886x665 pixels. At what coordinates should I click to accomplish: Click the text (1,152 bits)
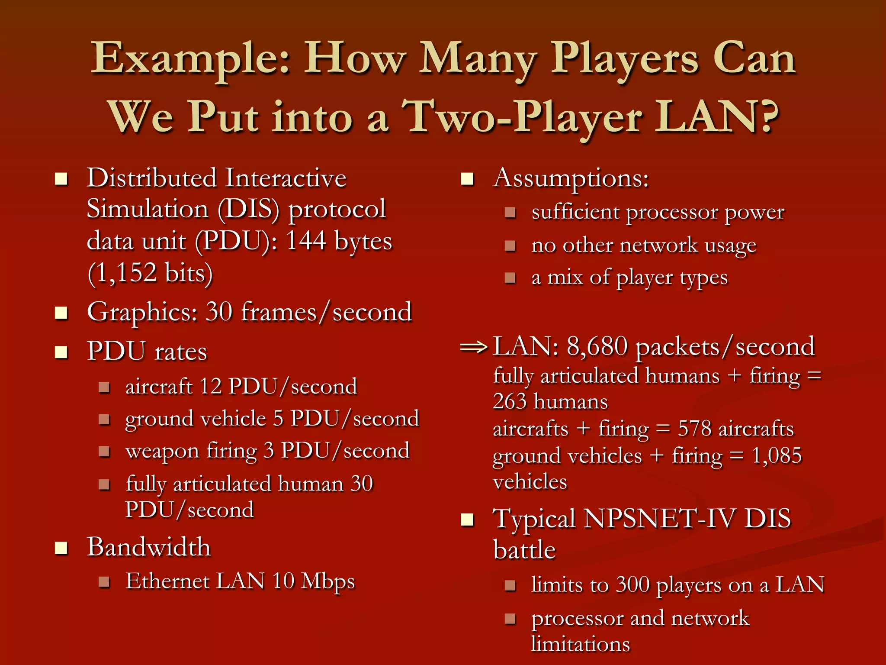tap(150, 273)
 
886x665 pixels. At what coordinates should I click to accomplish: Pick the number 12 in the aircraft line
tap(211, 386)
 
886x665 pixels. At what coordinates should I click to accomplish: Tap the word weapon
tap(162, 451)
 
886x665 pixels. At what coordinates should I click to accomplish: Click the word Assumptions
tap(571, 178)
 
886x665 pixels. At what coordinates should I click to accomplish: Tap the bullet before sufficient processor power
tap(510, 213)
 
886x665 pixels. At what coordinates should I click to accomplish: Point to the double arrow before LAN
tap(474, 347)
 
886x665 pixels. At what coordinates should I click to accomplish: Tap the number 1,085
tap(777, 455)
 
